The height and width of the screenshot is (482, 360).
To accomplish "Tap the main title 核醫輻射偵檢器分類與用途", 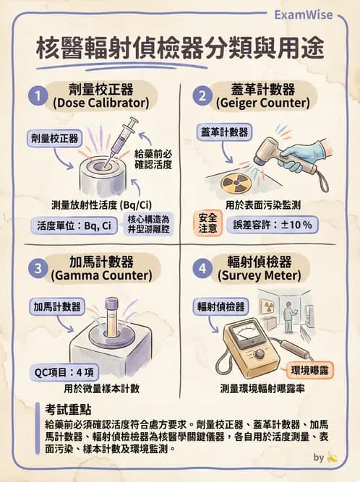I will point(180,50).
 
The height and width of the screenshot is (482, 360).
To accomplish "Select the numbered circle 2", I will point(202,95).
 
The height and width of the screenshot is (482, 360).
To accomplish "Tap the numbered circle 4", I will point(202,267).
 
